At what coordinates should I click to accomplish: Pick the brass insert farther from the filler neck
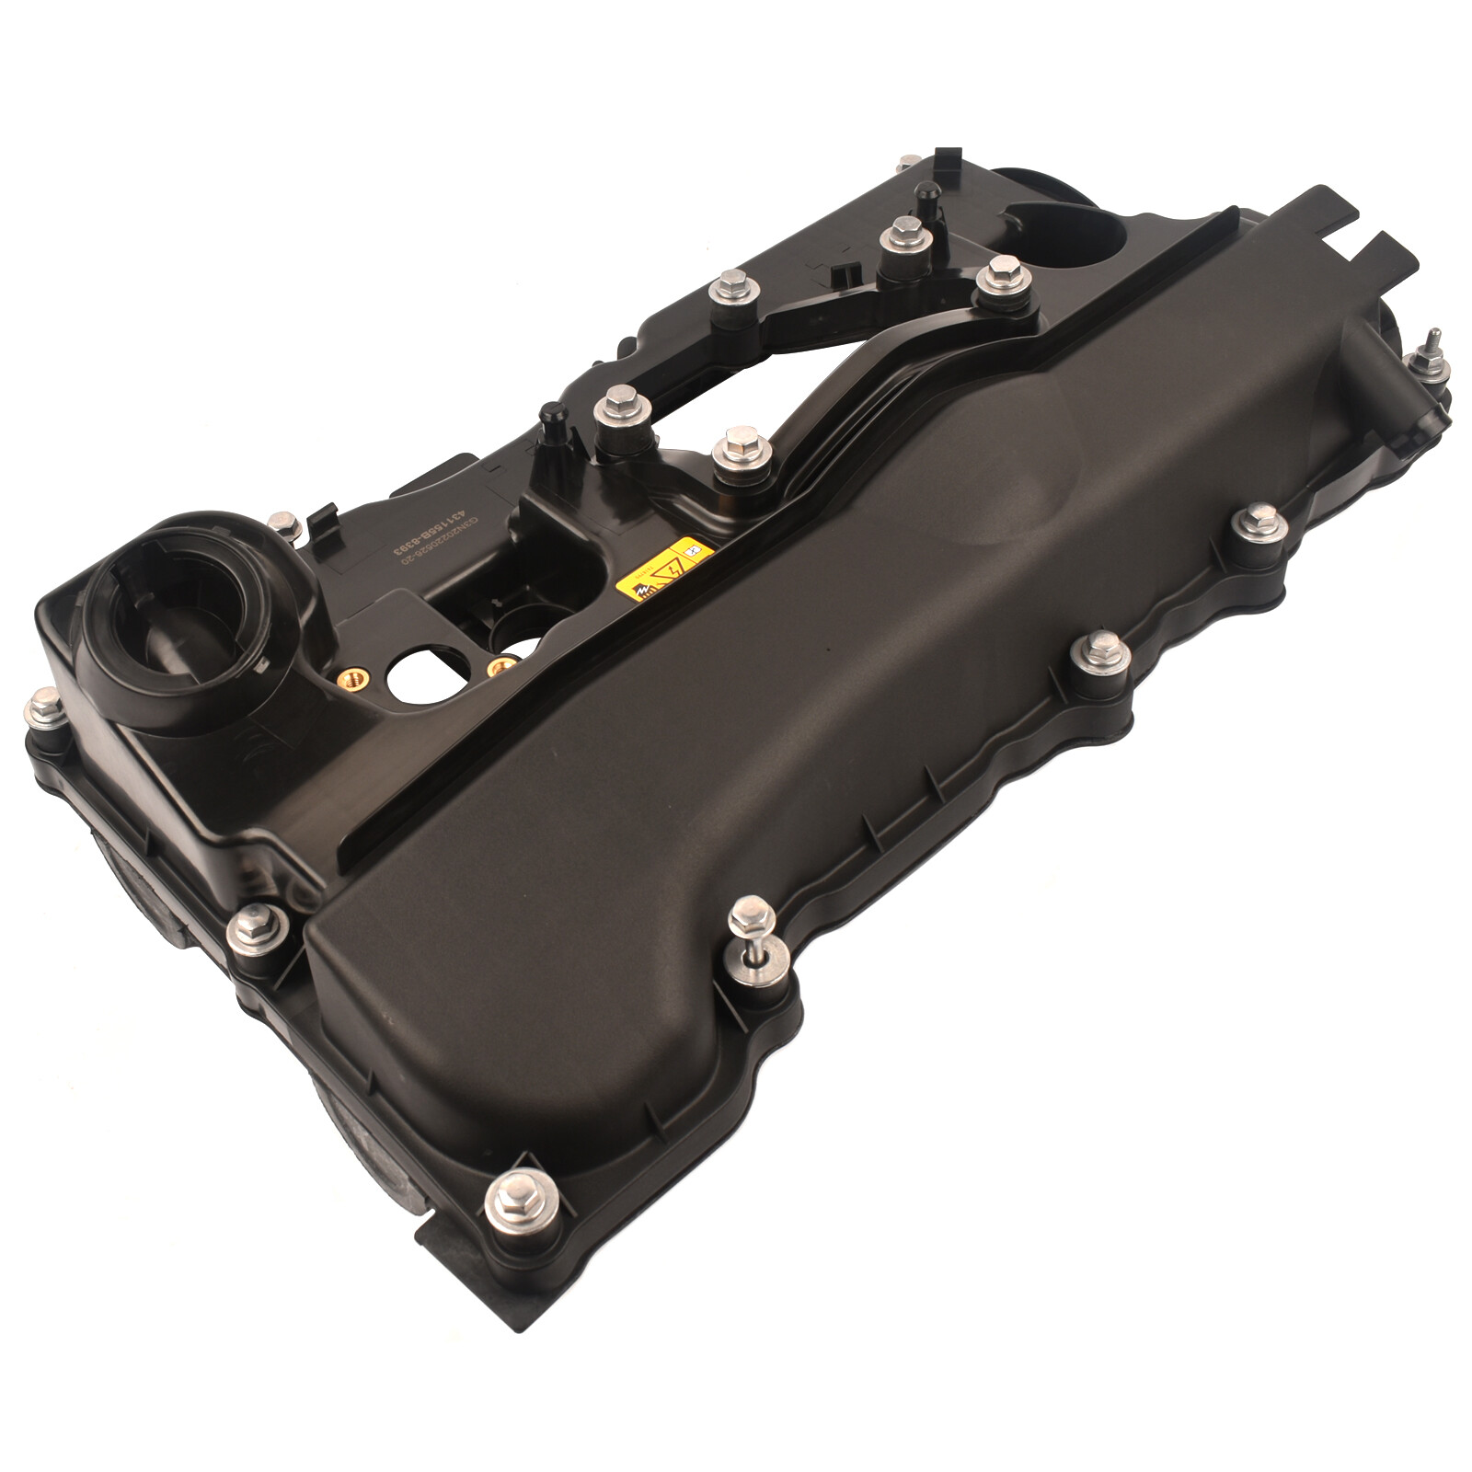point(501,664)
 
